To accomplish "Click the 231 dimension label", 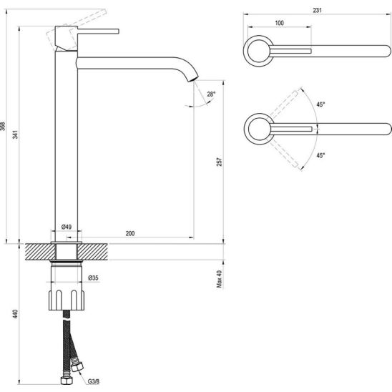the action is [317, 10].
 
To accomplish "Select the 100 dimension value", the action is [279, 23].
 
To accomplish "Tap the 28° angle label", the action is [211, 94].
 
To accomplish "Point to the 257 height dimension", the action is [219, 162].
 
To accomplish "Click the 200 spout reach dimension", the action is [130, 233].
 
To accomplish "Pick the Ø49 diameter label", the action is [67, 227].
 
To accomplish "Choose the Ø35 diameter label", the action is [93, 278].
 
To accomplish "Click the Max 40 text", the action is [220, 279].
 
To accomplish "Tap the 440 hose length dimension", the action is [16, 314].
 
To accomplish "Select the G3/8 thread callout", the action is [94, 381].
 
